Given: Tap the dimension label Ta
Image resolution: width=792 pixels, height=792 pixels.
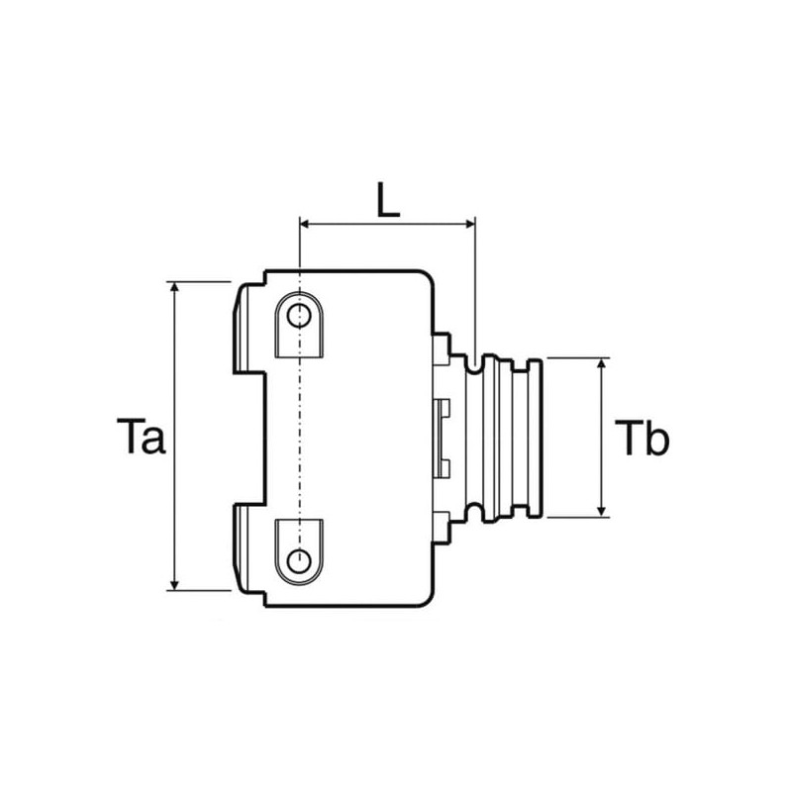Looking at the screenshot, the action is [141, 436].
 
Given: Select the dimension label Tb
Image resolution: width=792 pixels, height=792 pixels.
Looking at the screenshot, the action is [642, 438].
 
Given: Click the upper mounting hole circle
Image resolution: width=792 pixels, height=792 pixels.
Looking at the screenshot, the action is [299, 316].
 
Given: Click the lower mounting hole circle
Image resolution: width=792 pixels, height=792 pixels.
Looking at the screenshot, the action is [299, 560].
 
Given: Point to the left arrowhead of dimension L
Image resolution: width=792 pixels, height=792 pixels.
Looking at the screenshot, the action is [305, 224].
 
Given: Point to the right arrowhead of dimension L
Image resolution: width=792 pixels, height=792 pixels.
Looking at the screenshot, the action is [470, 224].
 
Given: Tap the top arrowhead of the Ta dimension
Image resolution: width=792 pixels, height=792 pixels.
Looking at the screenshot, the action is [175, 287].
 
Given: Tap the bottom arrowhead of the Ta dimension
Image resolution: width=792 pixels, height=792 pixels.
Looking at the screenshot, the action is [175, 584].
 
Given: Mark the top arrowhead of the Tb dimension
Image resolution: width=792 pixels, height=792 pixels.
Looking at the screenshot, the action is [601, 363].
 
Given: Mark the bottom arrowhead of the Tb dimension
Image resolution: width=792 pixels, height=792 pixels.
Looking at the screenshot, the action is [601, 511].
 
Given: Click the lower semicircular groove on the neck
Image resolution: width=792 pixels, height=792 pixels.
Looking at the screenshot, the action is [473, 511].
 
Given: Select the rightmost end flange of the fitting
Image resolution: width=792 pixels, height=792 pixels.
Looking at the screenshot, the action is [535, 438].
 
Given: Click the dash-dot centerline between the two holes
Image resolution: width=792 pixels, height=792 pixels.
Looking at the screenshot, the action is [300, 438].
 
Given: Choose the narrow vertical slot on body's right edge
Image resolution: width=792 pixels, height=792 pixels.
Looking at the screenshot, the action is [442, 438].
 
